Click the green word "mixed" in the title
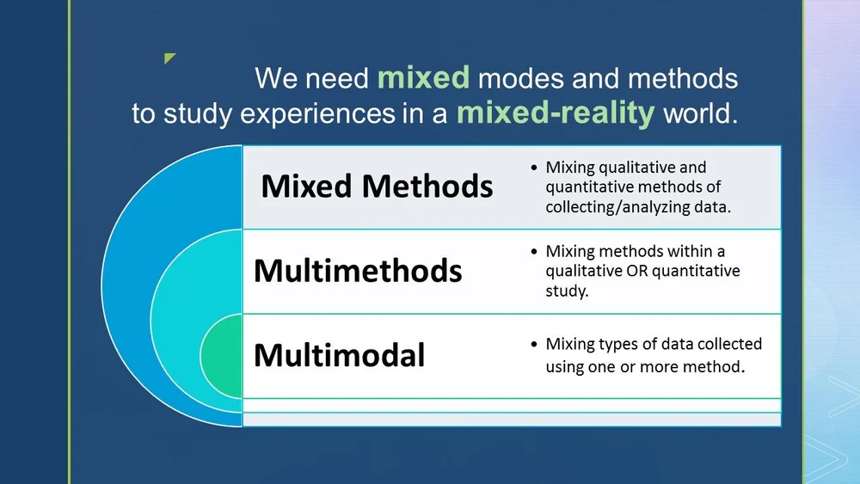[x=423, y=78]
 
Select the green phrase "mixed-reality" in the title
[x=556, y=113]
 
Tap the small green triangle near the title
[x=169, y=58]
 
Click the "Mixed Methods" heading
[x=377, y=187]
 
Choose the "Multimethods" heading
[x=357, y=271]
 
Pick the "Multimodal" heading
[x=339, y=354]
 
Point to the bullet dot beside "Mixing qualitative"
[x=535, y=168]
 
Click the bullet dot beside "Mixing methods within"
[x=535, y=252]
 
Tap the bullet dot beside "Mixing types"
[x=535, y=345]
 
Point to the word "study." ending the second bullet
[x=567, y=291]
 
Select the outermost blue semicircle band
[x=129, y=284]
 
